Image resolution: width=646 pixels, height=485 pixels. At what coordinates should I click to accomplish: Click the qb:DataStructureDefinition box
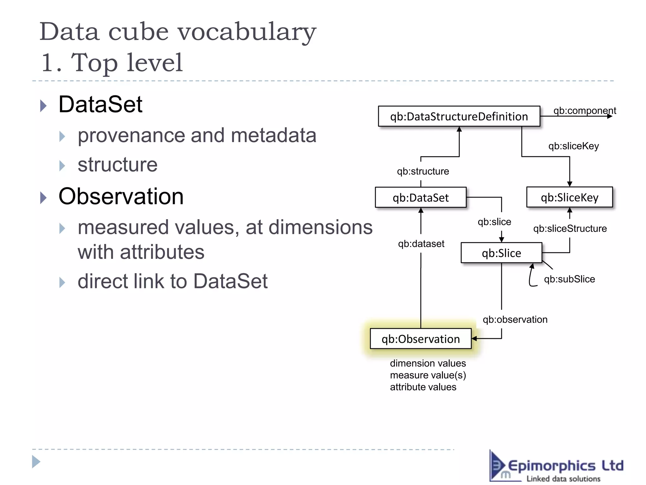pyautogui.click(x=459, y=117)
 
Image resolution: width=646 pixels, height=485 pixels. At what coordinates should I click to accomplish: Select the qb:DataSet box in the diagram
pyautogui.click(x=420, y=198)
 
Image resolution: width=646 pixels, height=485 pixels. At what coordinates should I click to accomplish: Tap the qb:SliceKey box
pyautogui.click(x=569, y=197)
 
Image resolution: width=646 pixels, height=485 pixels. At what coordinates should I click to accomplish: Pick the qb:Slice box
pyautogui.click(x=501, y=253)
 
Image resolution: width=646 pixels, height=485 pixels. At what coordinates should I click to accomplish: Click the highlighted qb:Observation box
pyautogui.click(x=420, y=339)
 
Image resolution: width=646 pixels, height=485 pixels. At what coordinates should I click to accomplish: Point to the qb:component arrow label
pyautogui.click(x=584, y=111)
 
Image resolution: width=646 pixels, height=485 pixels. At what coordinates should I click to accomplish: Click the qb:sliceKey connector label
pyautogui.click(x=573, y=146)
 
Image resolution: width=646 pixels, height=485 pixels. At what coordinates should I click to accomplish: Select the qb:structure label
pyautogui.click(x=423, y=171)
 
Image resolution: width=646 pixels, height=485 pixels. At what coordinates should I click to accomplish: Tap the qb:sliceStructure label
pyautogui.click(x=570, y=228)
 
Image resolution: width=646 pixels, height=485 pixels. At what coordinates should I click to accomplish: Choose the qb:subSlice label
pyautogui.click(x=569, y=279)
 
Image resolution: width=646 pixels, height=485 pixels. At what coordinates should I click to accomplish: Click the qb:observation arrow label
pyautogui.click(x=515, y=320)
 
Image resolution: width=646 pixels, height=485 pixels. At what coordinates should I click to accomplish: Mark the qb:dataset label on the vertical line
pyautogui.click(x=421, y=244)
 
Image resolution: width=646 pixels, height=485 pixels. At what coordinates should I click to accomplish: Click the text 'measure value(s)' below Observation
pyautogui.click(x=428, y=375)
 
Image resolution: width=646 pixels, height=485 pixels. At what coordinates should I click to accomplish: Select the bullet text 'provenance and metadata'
pyautogui.click(x=197, y=135)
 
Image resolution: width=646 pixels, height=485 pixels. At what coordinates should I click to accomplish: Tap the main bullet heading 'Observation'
pyautogui.click(x=121, y=196)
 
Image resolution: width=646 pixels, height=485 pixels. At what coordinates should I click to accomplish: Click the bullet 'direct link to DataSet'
pyautogui.click(x=173, y=281)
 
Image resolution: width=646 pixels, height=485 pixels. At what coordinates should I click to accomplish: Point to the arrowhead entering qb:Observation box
pyautogui.click(x=474, y=338)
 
